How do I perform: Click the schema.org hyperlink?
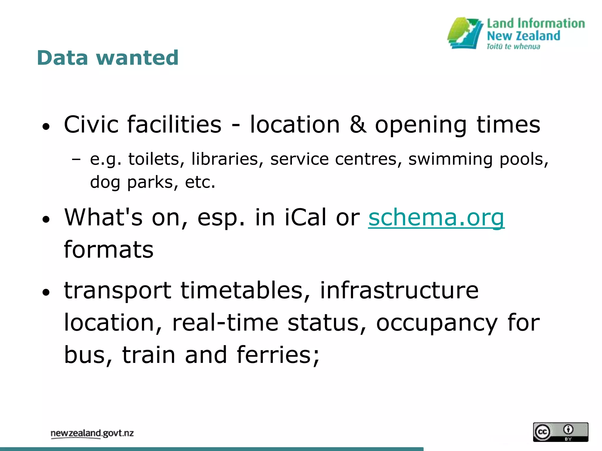[x=436, y=218]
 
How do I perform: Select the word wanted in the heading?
[x=137, y=58]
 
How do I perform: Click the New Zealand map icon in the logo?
[x=465, y=33]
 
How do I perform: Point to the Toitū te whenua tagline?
[x=513, y=47]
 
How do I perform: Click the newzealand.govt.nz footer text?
[x=92, y=433]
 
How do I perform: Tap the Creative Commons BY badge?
[x=561, y=432]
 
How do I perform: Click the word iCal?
[x=306, y=218]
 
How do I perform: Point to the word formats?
[x=109, y=250]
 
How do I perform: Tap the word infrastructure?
[x=399, y=291]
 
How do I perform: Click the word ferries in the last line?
[x=278, y=355]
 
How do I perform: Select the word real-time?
[x=225, y=323]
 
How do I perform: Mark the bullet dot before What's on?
[x=46, y=219]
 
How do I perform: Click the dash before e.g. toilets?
[x=76, y=160]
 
